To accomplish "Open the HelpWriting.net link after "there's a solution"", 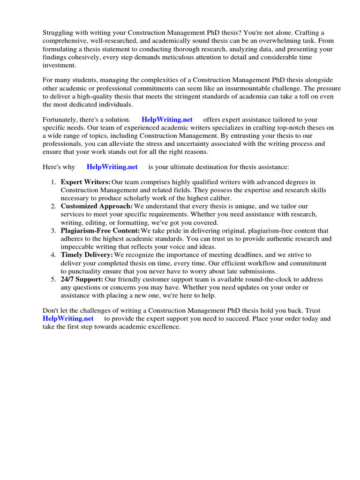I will tap(167, 120).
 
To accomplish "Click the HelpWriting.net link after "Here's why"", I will tap(112, 166).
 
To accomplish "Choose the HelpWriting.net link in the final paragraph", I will tap(68, 318).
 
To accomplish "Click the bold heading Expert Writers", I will tap(85, 182).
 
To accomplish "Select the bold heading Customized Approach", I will tap(97, 206).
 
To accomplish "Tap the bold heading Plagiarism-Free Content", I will tap(100, 231).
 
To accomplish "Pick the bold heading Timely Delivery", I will tap(87, 255).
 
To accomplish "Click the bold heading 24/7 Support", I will tap(82, 279).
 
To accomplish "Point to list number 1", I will tap(54, 182).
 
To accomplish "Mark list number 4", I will tap(54, 255).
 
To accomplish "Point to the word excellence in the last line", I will tap(163, 326).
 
